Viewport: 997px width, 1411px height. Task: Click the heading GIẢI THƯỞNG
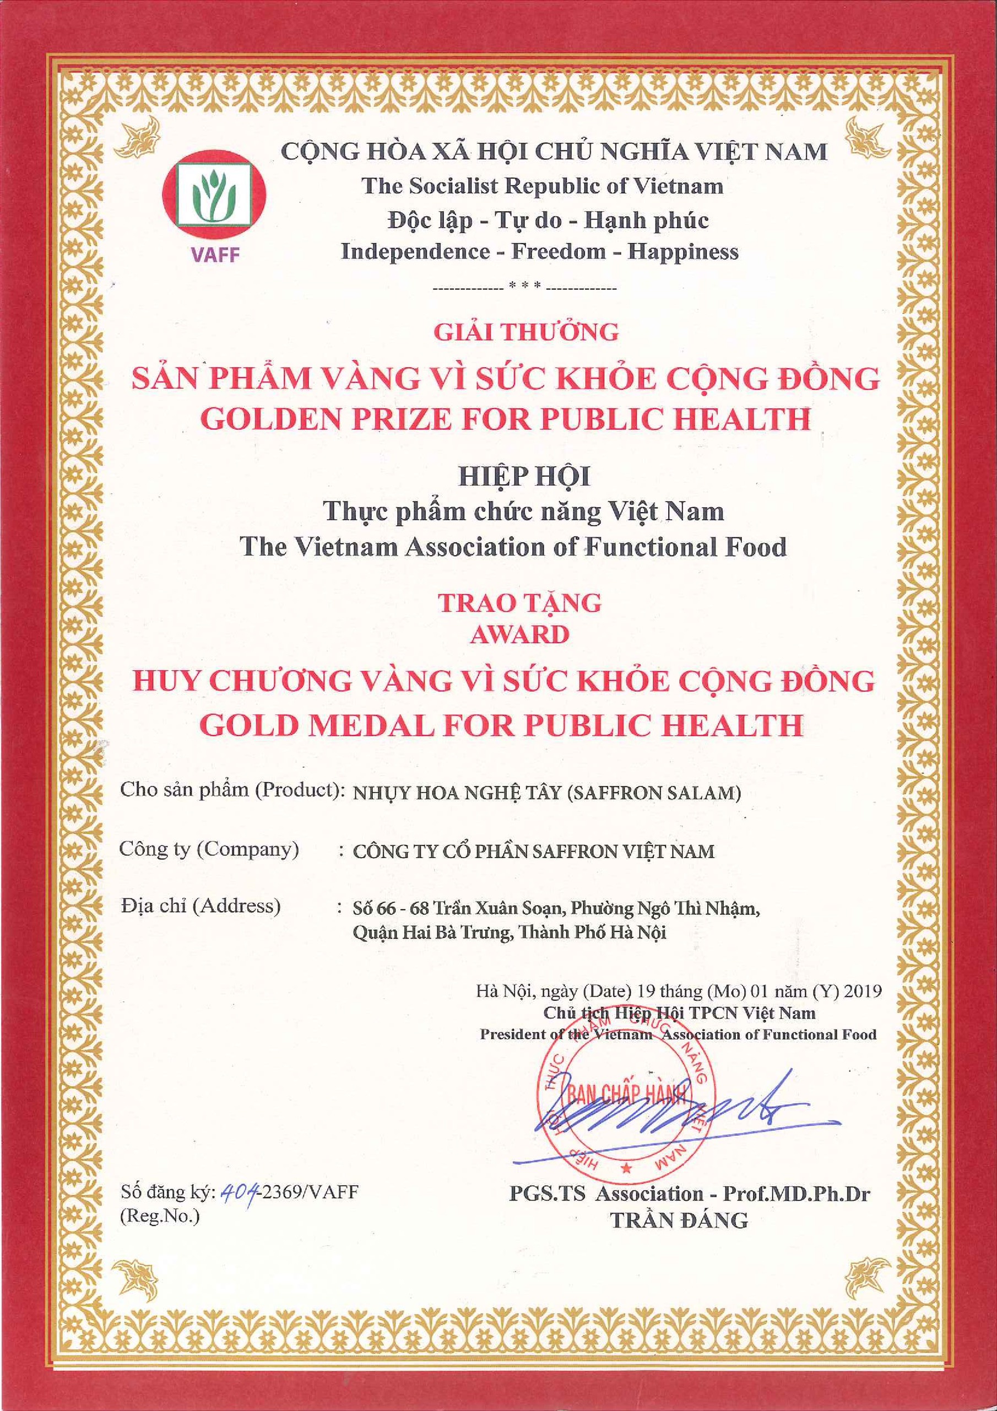[x=526, y=332]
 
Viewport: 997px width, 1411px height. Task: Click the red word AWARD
[x=519, y=635]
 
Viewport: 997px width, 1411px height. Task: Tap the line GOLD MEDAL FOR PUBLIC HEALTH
[x=501, y=725]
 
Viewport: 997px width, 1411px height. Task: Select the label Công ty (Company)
[x=209, y=849]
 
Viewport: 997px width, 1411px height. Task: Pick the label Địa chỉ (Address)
[x=201, y=906]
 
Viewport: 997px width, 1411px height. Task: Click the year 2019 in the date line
[x=863, y=991]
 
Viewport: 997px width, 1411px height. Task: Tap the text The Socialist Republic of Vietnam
[x=542, y=186]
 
